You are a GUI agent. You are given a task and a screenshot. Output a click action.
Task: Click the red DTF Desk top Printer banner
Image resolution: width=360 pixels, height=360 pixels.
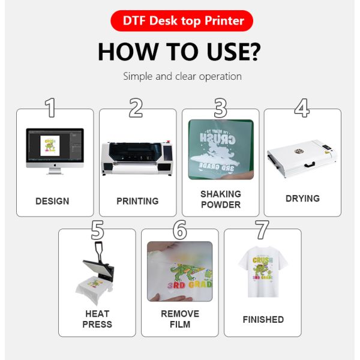tap(182, 20)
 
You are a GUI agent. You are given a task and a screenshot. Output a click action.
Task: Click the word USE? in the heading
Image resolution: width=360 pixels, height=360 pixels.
tap(233, 52)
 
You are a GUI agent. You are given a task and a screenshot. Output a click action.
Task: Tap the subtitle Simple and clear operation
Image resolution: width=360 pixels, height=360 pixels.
tap(182, 76)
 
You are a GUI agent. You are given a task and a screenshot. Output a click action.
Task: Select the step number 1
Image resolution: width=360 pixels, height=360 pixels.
tap(50, 107)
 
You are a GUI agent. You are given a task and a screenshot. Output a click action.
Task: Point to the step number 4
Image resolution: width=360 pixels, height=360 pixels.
tap(302, 107)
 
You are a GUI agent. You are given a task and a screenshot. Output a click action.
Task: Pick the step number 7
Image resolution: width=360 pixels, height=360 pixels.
tap(262, 230)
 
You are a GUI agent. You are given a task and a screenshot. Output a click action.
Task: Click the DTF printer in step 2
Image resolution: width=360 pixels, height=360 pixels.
tap(137, 158)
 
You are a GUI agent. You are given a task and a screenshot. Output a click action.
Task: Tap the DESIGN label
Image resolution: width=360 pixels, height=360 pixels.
tap(52, 201)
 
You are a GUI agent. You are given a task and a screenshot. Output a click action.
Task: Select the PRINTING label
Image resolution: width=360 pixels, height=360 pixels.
tap(137, 201)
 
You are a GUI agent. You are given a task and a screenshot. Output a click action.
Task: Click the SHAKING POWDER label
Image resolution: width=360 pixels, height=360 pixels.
tap(221, 199)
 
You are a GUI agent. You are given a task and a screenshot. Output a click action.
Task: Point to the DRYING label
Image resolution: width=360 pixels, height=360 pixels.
tap(302, 199)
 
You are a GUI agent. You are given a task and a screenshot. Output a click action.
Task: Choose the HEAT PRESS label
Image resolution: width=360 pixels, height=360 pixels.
tap(97, 319)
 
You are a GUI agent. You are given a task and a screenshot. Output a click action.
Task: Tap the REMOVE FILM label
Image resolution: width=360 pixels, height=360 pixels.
tap(180, 319)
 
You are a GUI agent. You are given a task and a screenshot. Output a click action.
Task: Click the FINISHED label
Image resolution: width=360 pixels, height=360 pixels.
tap(263, 319)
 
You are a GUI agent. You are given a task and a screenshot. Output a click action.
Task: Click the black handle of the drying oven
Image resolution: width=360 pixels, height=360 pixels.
tap(310, 164)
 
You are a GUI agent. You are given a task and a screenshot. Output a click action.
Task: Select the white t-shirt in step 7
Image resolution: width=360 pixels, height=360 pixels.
tap(263, 272)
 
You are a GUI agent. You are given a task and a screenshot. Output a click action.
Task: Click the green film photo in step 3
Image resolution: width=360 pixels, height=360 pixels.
tap(221, 149)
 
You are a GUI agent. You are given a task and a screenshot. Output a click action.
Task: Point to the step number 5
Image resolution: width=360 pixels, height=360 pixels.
tap(97, 230)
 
